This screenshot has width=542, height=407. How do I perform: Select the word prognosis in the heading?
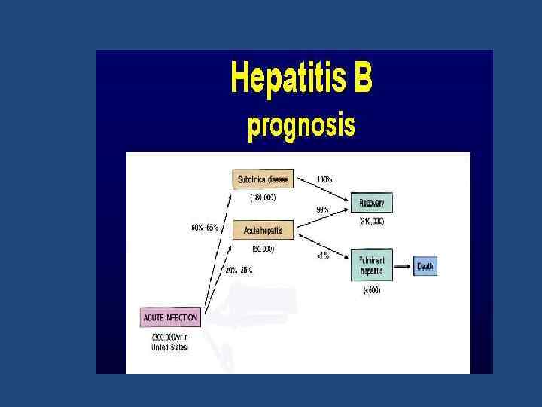[x=301, y=125]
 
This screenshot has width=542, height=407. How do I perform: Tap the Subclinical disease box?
[x=263, y=179]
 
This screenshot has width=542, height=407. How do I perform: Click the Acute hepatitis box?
[x=263, y=229]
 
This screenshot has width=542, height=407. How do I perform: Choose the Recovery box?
[x=371, y=203]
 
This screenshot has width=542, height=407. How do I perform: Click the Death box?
[x=425, y=267]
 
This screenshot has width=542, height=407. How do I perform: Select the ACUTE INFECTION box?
[x=171, y=317]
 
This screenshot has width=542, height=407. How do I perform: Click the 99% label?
[x=322, y=210]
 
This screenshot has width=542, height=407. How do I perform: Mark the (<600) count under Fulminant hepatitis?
[x=371, y=290]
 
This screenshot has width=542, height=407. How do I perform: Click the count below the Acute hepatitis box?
[x=263, y=248]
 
